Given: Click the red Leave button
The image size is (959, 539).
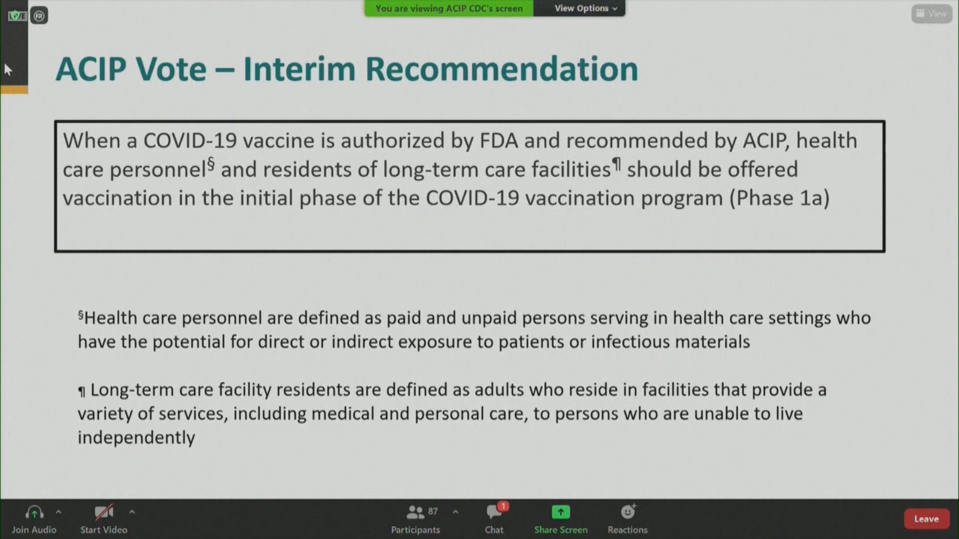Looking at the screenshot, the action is coord(926,519).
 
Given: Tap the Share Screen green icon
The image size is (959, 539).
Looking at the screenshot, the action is coord(560,512).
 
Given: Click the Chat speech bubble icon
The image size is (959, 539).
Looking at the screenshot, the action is coord(493,512).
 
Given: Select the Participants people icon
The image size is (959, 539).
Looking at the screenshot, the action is coord(415,512).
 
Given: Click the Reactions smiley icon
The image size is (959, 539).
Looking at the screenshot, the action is coord(627,512).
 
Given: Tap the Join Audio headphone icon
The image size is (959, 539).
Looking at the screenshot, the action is coord(34,512).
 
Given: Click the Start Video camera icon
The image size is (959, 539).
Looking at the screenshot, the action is coord(104,512).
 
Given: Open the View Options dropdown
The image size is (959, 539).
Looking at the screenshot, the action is coord(586,8).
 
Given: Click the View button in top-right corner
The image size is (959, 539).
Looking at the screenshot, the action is coord(932,13).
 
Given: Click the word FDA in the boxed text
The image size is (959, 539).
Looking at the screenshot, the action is coord(498,141).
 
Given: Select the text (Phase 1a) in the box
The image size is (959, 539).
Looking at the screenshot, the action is coord(780,198).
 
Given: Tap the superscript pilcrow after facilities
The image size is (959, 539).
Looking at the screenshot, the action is coord(617,164).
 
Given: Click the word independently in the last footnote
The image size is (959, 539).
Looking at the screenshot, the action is coord(136,438).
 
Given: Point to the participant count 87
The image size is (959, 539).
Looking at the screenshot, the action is coord(433,512).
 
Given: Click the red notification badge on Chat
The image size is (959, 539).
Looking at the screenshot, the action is coord(503,506).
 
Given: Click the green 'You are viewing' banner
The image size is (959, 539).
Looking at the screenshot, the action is coord(449,8).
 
